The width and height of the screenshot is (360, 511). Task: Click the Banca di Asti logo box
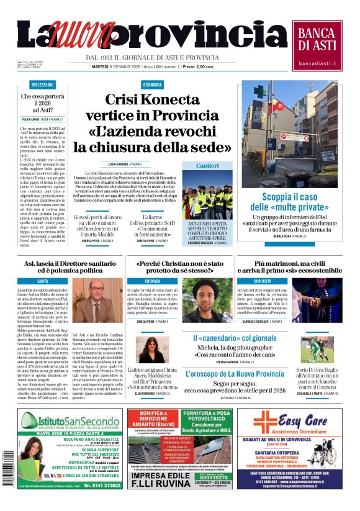pyautogui.click(x=317, y=44)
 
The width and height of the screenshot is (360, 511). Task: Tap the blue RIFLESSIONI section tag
pyautogui.click(x=43, y=85)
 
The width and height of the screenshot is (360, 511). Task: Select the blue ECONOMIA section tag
pyautogui.click(x=152, y=85)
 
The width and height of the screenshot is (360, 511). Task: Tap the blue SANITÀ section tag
pyautogui.click(x=43, y=281)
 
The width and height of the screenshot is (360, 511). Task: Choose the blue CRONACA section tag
pyautogui.click(x=152, y=281)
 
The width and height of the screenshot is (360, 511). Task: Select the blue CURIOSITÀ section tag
pyautogui.click(x=263, y=281)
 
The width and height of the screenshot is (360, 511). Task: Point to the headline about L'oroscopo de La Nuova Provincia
pyautogui.click(x=235, y=374)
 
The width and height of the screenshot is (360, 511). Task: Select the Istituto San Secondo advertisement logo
pyautogui.click(x=69, y=423)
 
